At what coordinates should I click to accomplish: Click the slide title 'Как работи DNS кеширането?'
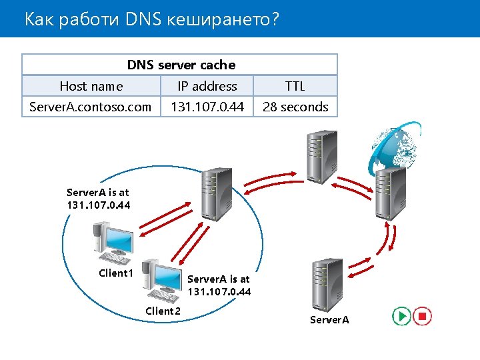pyautogui.click(x=151, y=19)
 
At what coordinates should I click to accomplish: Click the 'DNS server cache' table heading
pyautogui.click(x=181, y=65)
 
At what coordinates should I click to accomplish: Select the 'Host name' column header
pyautogui.click(x=91, y=86)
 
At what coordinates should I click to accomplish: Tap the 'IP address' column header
pyautogui.click(x=207, y=86)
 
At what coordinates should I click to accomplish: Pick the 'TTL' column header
pyautogui.click(x=295, y=86)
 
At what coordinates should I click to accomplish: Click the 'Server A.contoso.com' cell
pyautogui.click(x=91, y=107)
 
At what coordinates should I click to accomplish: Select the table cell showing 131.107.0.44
pyautogui.click(x=207, y=107)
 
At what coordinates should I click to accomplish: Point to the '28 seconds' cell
pyautogui.click(x=295, y=107)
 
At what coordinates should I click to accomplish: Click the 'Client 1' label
pyautogui.click(x=116, y=273)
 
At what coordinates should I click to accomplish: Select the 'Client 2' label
pyautogui.click(x=163, y=311)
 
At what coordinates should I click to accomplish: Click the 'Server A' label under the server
pyautogui.click(x=329, y=320)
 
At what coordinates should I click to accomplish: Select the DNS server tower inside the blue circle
pyautogui.click(x=217, y=194)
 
